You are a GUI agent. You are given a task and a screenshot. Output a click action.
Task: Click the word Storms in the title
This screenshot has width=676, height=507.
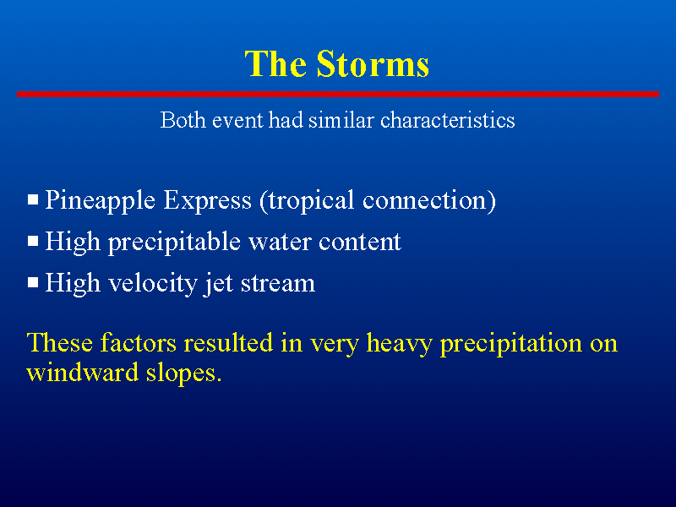[x=373, y=64]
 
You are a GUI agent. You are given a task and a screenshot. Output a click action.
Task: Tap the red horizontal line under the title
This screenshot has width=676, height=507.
[x=338, y=94]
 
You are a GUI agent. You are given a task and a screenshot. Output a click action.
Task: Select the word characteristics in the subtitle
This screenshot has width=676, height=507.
[x=448, y=119]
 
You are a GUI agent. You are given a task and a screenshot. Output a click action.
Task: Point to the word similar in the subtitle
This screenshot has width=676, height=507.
[x=341, y=119]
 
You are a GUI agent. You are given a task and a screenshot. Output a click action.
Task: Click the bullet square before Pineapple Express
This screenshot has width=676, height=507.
[x=33, y=199]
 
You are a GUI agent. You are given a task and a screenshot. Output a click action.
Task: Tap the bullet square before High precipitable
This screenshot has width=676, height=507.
[x=33, y=241]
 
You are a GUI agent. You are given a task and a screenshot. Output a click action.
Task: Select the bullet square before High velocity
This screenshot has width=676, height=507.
[x=33, y=282]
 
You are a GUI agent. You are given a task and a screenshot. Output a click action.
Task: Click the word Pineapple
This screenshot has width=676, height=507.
[x=100, y=201]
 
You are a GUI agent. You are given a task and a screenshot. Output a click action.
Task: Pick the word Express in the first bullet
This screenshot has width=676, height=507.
[x=207, y=201]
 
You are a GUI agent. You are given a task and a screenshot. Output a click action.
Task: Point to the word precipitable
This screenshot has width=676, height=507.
[x=174, y=243]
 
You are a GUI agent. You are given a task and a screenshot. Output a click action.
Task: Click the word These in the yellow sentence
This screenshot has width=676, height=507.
[x=60, y=343]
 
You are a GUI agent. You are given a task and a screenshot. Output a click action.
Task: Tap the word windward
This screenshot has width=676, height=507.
[x=82, y=373]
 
